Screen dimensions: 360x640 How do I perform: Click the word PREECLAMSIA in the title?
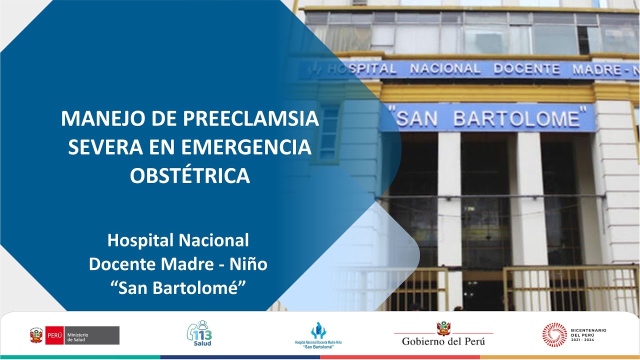(x=250, y=119)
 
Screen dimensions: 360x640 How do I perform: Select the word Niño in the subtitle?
(x=248, y=264)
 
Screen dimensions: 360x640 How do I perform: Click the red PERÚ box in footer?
(x=54, y=335)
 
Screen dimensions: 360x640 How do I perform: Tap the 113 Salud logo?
(x=199, y=333)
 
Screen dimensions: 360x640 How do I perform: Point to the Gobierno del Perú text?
(x=443, y=341)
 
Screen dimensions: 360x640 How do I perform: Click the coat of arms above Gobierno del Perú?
(x=443, y=328)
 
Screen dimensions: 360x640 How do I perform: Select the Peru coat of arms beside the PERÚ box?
(x=36, y=335)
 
